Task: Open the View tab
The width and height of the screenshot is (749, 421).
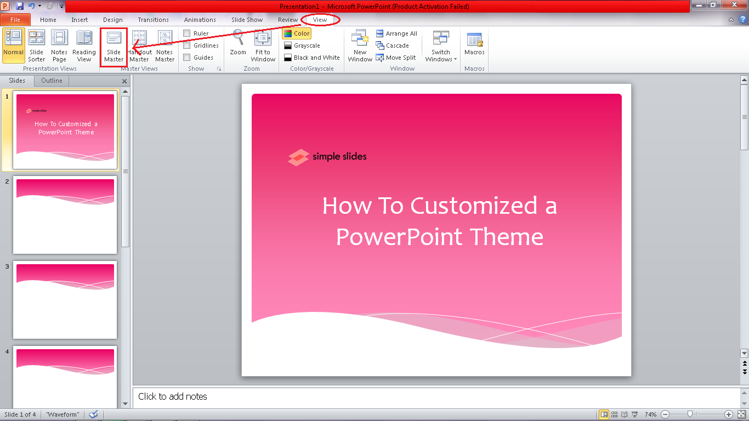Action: (x=320, y=20)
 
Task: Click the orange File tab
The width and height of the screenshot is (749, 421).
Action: (x=15, y=20)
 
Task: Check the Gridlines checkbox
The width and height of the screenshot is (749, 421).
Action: (x=187, y=45)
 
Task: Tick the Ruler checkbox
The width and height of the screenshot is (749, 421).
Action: (x=187, y=33)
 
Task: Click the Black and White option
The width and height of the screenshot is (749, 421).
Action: (x=311, y=58)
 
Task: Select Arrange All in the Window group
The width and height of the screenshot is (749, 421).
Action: (x=396, y=33)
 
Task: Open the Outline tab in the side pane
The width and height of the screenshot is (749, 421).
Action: (x=52, y=81)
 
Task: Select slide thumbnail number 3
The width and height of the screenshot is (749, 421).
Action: (x=65, y=299)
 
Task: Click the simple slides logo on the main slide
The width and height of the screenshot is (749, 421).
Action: (x=327, y=157)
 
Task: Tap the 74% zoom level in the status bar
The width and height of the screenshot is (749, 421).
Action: (x=650, y=414)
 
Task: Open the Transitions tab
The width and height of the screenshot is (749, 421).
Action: (x=154, y=20)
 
